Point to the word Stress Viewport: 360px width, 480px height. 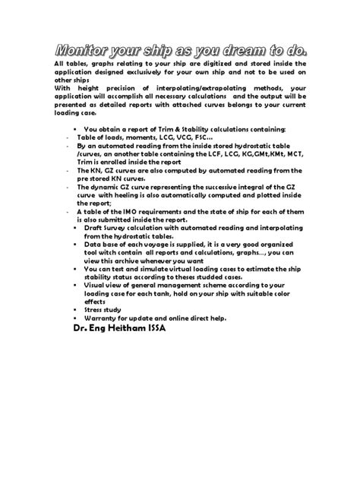[95, 311]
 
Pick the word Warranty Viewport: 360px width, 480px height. [102, 317]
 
